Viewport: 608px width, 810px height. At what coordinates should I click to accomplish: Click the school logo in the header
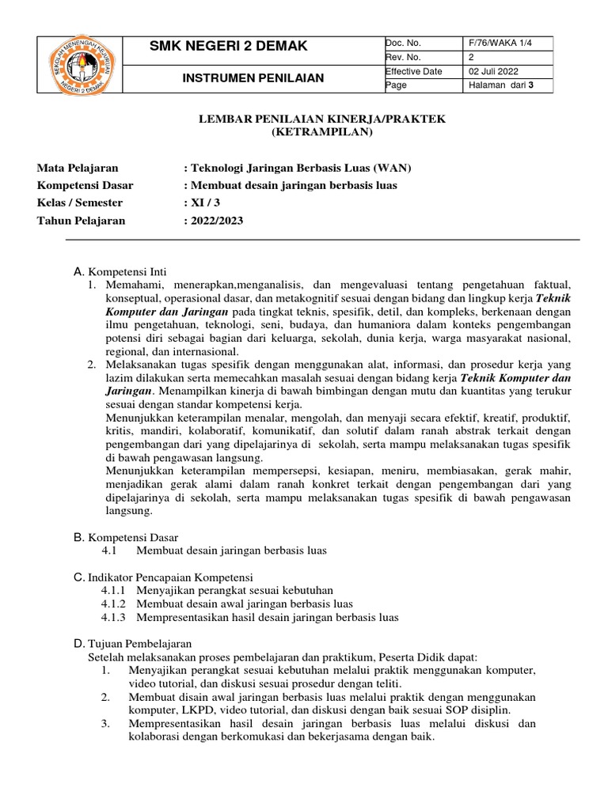coord(80,64)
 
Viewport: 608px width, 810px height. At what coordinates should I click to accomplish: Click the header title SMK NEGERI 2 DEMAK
coord(228,47)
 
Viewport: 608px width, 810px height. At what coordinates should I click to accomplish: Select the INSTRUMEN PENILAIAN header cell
coord(253,78)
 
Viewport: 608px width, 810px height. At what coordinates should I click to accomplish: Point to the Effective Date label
coord(413,71)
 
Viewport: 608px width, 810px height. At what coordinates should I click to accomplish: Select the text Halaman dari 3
coord(502,85)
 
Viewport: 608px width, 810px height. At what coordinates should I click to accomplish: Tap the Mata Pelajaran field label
coord(78,168)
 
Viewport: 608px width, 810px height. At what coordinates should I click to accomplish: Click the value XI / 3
coord(201,203)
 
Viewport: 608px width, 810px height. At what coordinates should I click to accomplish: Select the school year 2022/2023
coord(213,221)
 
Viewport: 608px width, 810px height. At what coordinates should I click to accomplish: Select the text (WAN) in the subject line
coord(393,168)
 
